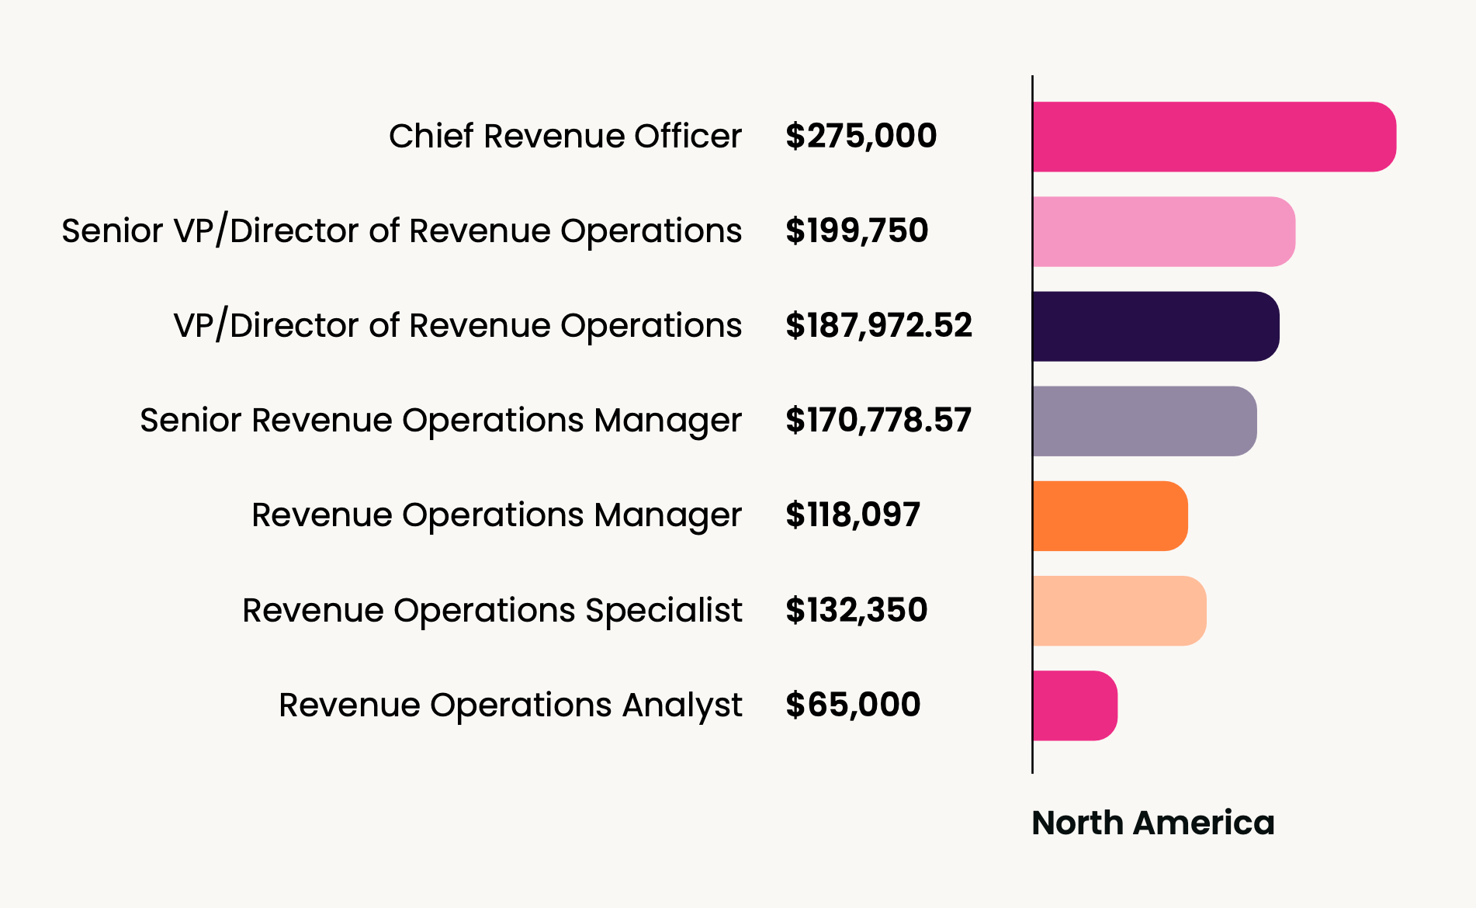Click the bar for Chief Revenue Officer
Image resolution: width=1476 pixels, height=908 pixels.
(x=1214, y=137)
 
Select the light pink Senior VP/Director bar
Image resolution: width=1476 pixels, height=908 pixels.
(x=1163, y=231)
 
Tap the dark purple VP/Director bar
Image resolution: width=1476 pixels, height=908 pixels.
(x=1156, y=326)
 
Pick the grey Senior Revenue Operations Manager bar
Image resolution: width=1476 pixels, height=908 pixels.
(x=1144, y=421)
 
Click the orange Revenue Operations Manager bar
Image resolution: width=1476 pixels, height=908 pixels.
(x=1110, y=516)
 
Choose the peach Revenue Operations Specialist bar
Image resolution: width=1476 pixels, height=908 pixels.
(x=1119, y=611)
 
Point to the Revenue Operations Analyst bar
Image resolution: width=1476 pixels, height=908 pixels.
(x=1075, y=705)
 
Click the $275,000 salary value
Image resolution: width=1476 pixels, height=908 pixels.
(x=861, y=136)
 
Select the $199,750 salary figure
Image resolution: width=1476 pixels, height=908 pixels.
(x=856, y=230)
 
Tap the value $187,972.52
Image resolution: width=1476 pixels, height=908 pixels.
(x=878, y=325)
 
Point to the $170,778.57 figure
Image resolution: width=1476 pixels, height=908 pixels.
(x=878, y=420)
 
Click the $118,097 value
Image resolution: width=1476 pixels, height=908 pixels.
(x=852, y=515)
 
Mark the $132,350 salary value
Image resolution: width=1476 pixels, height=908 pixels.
(x=856, y=610)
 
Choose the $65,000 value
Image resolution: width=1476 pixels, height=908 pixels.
(x=852, y=705)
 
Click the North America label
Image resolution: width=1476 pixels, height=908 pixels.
(x=1152, y=823)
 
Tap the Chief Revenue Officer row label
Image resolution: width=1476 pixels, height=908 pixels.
(x=565, y=136)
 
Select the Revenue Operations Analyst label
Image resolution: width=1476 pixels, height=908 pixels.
(x=510, y=705)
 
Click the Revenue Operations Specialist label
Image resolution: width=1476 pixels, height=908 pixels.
(x=492, y=610)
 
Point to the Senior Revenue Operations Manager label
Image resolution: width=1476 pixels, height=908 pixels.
(x=441, y=420)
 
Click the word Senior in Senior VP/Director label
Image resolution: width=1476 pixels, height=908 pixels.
(x=113, y=230)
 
